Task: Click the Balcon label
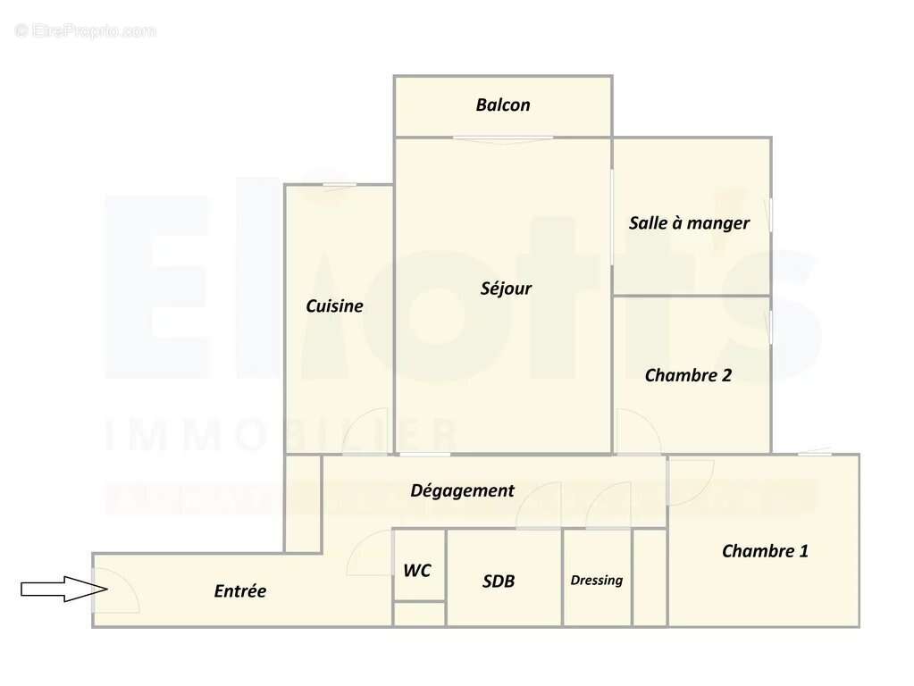coord(503,105)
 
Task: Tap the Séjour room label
coord(506,288)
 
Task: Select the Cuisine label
coord(334,305)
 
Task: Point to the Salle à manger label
coord(689,222)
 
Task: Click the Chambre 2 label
coord(688,375)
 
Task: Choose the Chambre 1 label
coord(765,550)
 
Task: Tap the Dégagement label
coord(462,489)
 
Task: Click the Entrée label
coord(239,590)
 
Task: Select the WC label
coord(417,570)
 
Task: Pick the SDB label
coord(499,581)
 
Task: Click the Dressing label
coord(597,580)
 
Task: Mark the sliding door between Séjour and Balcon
coord(502,138)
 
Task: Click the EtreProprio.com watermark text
coord(86,31)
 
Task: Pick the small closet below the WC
coord(419,614)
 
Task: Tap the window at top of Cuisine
coord(340,185)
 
